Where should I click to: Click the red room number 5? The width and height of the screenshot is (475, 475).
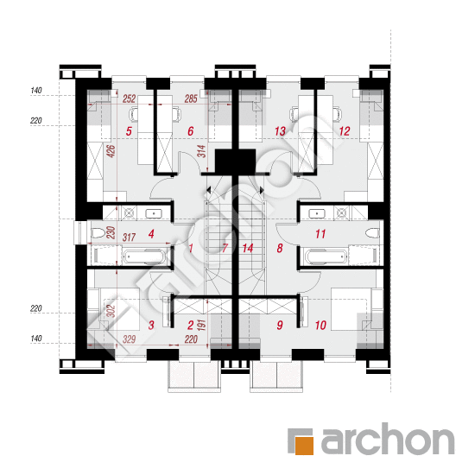coord(129,131)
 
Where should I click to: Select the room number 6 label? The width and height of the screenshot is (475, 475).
coord(191,131)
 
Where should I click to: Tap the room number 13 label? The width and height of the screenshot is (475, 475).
coord(280,131)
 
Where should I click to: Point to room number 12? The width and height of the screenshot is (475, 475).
coord(345,131)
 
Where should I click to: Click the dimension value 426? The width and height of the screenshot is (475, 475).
coord(111,151)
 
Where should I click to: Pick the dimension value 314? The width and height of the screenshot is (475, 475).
coord(201,151)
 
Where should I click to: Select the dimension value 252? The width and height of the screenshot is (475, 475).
coord(129,98)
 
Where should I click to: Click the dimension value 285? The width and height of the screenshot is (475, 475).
coord(191,98)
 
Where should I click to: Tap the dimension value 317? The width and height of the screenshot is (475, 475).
coord(129,237)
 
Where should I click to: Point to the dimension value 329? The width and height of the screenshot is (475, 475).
coord(129,339)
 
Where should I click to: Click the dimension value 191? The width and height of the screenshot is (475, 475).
coord(201,325)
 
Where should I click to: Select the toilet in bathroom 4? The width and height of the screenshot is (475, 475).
coord(98,233)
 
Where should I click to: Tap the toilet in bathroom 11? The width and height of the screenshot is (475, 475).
coord(372,233)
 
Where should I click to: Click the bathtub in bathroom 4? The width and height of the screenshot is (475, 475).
coord(145,257)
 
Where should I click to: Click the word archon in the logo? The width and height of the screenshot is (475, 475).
coord(388,439)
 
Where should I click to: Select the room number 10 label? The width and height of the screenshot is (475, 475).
coord(320,326)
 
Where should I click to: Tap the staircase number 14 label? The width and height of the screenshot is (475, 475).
coord(248,249)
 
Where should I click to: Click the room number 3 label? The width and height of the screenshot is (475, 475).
coord(151,326)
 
